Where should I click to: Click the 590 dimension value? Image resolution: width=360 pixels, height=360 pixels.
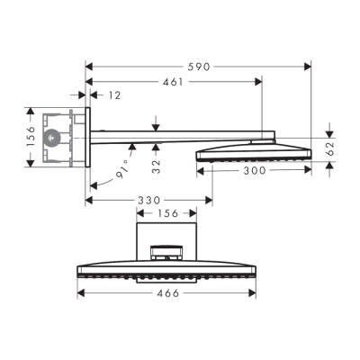[x=201, y=66]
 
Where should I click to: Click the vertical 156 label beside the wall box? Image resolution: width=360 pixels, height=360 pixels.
[x=29, y=137]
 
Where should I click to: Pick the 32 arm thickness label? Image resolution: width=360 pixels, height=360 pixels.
[x=157, y=166]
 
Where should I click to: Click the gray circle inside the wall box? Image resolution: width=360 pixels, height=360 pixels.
[x=55, y=139]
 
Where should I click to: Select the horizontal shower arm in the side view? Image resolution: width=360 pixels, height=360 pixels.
[x=180, y=137]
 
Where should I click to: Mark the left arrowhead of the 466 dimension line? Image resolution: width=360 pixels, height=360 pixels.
[x=82, y=292]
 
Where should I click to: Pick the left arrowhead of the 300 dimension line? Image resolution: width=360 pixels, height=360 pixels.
[x=213, y=170]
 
